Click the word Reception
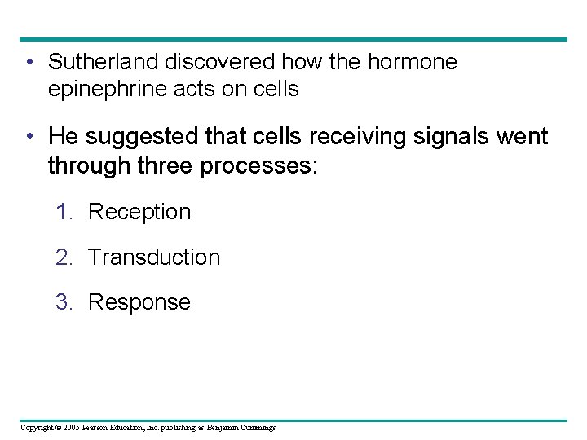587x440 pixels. click(139, 212)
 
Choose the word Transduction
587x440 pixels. click(153, 257)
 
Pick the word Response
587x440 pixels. click(139, 302)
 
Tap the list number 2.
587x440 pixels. click(64, 257)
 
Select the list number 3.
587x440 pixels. click(64, 302)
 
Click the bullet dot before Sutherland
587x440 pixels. click(29, 63)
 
